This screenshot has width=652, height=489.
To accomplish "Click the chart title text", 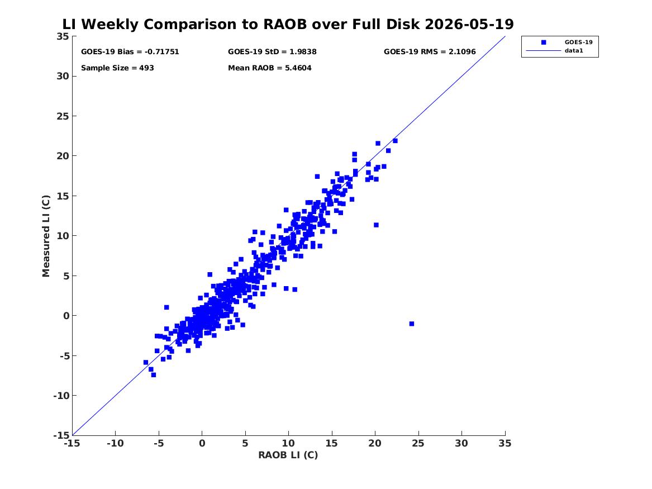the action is coord(288,24).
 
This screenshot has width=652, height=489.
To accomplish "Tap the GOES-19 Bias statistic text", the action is coord(130,51).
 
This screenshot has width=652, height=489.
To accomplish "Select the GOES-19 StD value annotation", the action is coord(272,51).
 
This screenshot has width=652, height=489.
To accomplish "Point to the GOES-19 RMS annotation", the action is coord(430,51).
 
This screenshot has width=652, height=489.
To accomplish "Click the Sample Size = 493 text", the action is coord(117,68).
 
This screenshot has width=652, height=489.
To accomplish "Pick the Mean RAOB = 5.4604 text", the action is coord(269,68).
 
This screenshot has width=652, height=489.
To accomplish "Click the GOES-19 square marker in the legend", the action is coord(544,42).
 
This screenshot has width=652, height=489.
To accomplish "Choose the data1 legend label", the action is coord(574,50).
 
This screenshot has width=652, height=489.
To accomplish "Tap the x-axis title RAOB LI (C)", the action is coord(288,455).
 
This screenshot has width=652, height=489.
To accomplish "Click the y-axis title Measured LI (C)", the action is coord(46,236).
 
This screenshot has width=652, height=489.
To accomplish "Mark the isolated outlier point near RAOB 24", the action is coord(412,324).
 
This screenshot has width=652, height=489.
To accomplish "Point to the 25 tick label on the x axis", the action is coord(418,443).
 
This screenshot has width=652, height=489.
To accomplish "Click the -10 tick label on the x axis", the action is coord(115,443).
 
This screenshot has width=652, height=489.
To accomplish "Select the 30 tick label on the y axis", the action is coord(63,76).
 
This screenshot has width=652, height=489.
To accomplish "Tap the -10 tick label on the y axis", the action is coord(61,396).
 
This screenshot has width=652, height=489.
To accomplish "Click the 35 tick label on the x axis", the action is coord(505,443).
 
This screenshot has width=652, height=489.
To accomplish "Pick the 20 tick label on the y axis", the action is coord(63,156).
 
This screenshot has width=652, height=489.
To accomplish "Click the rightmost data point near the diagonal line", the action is coord(395,141).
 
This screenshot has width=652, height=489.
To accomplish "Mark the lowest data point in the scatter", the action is coord(154,374).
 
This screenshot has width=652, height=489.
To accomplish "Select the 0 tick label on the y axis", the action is coord(66,316).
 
